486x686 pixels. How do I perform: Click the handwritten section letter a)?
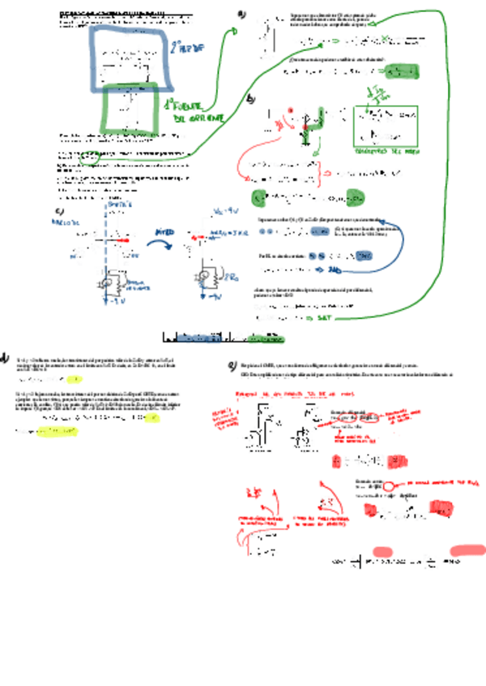pyautogui.click(x=241, y=15)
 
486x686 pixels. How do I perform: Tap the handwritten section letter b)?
pyautogui.click(x=251, y=99)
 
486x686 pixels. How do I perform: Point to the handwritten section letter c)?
pyautogui.click(x=58, y=213)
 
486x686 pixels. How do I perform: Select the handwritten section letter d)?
pyautogui.click(x=5, y=357)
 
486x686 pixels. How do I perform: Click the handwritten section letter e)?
pyautogui.click(x=232, y=366)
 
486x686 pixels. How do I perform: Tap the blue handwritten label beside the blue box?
pyautogui.click(x=188, y=49)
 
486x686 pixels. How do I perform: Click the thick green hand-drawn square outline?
pyautogui.click(x=130, y=107)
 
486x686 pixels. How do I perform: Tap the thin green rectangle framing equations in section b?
pyautogui.click(x=386, y=125)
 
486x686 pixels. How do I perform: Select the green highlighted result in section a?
pyautogui.click(x=403, y=72)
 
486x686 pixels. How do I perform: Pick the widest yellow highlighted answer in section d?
pyautogui.click(x=60, y=433)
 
